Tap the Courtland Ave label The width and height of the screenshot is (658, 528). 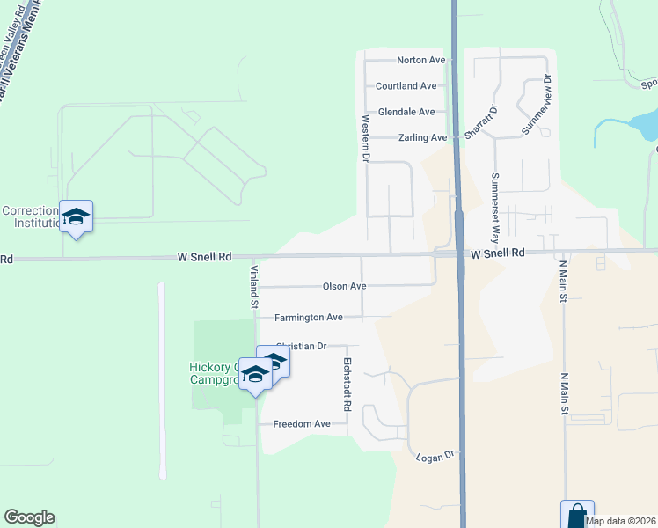pos(406,86)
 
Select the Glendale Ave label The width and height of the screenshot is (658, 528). pos(406,112)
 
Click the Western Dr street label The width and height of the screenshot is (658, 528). pos(364,137)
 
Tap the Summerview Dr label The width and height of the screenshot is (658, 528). pos(536,105)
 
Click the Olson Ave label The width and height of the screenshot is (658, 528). pos(344,286)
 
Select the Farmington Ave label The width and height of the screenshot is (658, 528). pos(308,317)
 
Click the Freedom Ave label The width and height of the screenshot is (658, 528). pos(302,424)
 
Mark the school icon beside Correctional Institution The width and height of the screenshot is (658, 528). pos(77,216)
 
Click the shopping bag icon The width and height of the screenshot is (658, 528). pos(577,515)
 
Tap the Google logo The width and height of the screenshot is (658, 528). pos(29,517)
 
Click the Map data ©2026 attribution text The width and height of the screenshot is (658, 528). pos(621,521)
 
